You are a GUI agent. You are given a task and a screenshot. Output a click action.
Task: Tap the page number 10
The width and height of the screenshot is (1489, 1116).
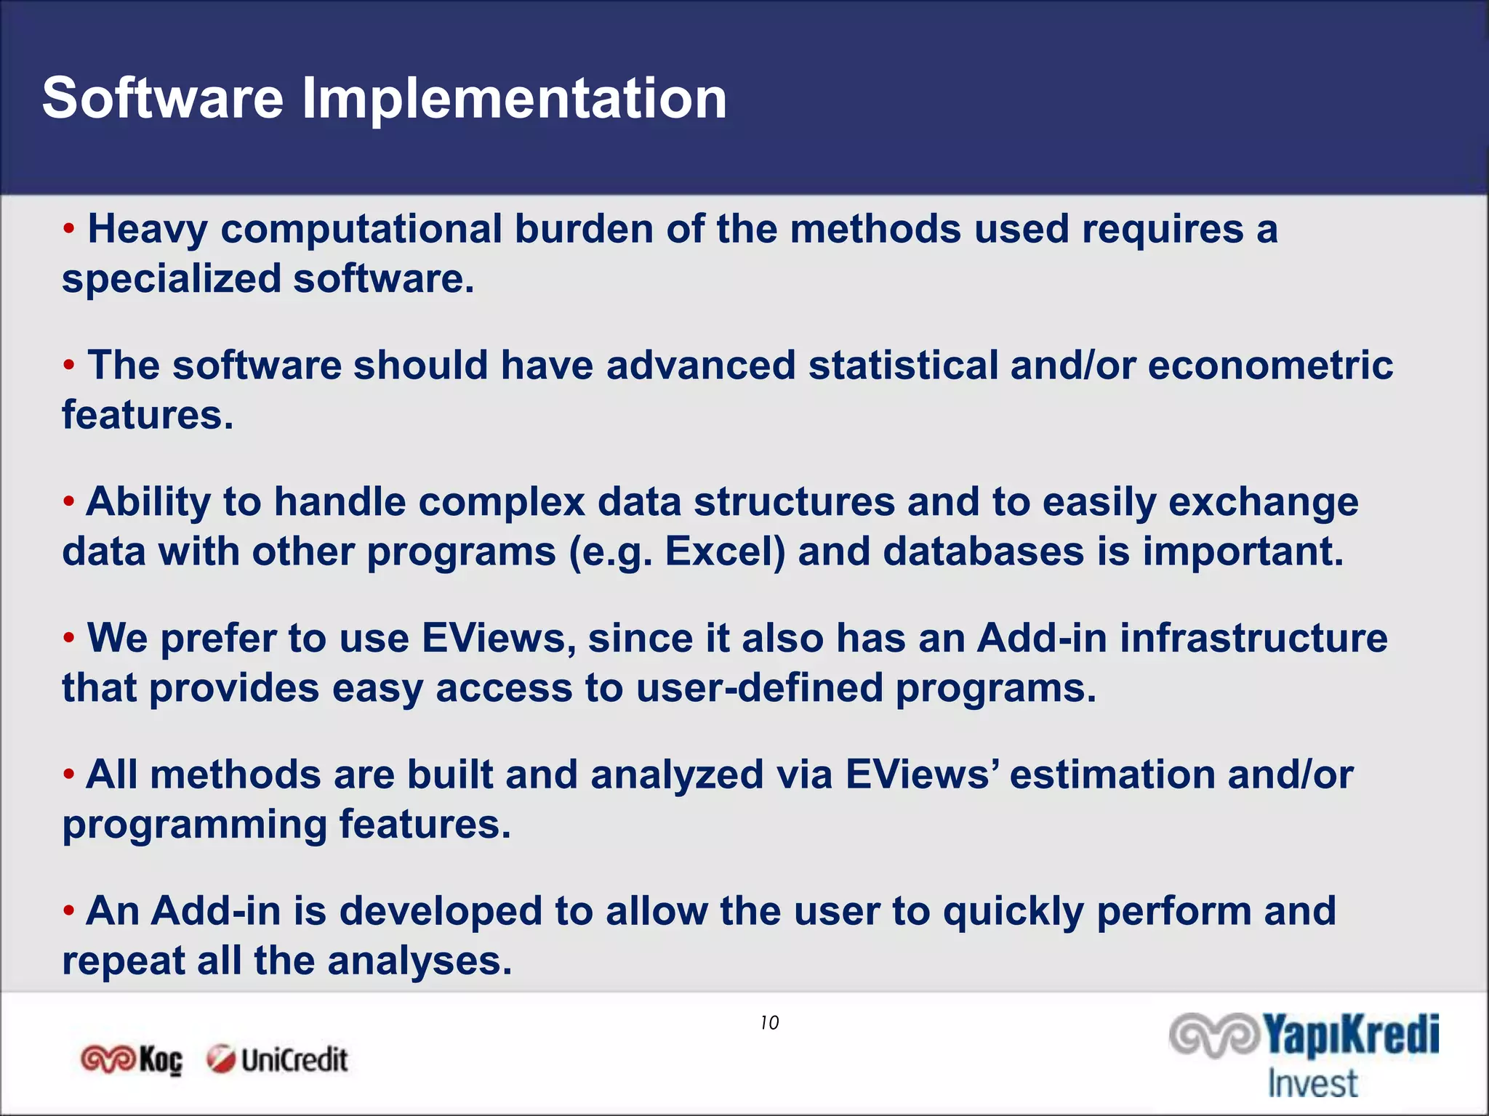click(769, 1023)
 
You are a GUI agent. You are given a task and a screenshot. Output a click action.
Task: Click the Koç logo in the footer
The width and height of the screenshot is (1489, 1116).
click(132, 1060)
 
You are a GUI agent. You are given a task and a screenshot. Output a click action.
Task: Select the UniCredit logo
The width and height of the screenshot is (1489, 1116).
click(277, 1060)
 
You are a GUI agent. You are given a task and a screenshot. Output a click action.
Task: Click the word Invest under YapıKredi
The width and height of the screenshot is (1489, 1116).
click(1312, 1083)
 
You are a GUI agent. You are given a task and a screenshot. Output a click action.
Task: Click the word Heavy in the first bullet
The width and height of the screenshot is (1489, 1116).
click(148, 230)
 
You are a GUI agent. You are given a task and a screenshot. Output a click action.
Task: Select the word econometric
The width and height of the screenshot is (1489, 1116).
click(1269, 365)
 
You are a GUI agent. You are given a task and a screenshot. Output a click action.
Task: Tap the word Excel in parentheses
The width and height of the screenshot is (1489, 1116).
click(724, 551)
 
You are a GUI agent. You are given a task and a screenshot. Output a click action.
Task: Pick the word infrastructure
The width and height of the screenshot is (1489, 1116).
click(1253, 639)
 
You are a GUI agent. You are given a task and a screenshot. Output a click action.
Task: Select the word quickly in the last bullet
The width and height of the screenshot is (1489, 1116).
click(1013, 912)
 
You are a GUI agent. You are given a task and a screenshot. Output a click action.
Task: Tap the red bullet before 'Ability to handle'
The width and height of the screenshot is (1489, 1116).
click(69, 501)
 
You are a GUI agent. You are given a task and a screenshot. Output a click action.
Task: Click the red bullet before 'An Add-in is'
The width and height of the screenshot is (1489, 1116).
click(69, 910)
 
